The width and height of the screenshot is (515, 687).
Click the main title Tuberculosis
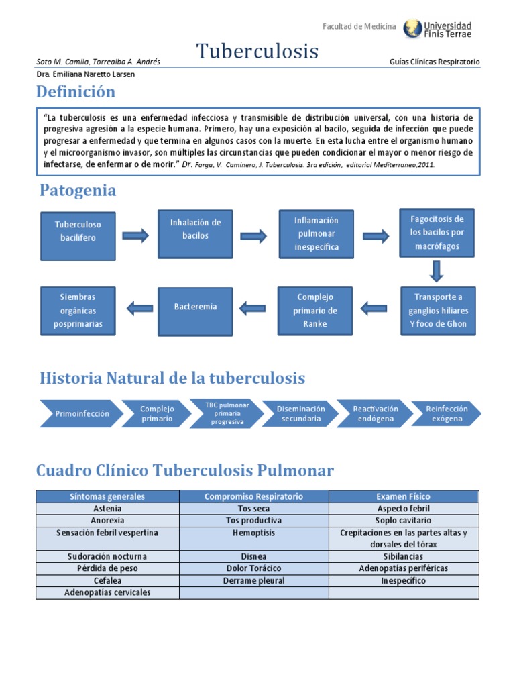(257, 51)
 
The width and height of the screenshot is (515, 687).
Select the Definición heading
(76, 91)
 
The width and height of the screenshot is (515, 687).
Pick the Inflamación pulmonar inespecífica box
(316, 233)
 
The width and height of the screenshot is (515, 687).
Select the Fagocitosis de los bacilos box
(437, 232)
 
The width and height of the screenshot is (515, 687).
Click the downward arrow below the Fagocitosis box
(437, 271)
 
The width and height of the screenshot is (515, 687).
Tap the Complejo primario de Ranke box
(315, 311)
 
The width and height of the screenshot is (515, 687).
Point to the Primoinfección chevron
(82, 414)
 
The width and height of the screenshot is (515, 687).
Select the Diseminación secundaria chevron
(301, 414)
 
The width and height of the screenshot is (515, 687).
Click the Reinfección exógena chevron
(447, 414)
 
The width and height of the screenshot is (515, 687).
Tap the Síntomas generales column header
(107, 496)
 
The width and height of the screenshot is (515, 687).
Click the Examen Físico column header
(404, 496)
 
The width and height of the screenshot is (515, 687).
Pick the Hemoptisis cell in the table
(253, 533)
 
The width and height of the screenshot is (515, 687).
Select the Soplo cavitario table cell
(404, 521)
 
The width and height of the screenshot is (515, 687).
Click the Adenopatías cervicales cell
(107, 593)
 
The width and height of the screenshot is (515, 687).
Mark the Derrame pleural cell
(253, 581)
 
